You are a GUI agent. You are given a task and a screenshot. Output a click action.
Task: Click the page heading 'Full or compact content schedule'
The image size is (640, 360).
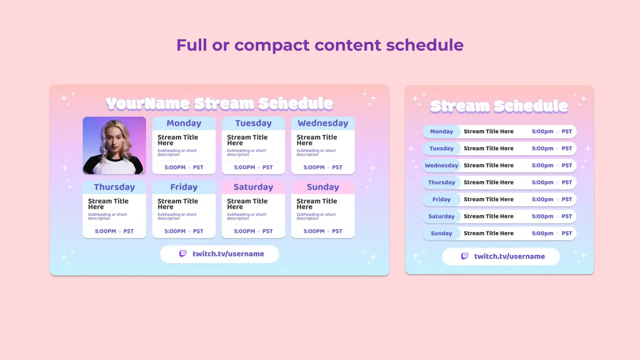[320, 45]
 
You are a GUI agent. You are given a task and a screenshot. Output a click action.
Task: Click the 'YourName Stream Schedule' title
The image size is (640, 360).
[219, 104]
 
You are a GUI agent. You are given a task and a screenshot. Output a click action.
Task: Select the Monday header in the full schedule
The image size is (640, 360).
[184, 123]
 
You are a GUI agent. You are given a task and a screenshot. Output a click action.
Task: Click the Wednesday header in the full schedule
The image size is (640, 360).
[323, 123]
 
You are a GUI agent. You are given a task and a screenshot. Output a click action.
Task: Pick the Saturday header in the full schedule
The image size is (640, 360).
[253, 187]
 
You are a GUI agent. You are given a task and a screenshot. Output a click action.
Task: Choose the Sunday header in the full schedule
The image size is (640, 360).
[323, 187]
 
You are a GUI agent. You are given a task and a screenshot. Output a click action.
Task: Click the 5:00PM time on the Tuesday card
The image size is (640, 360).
[244, 167]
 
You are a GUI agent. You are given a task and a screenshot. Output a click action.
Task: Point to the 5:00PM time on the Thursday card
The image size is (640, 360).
[105, 231]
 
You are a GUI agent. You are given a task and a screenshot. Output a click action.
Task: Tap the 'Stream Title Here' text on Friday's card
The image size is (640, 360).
[178, 204]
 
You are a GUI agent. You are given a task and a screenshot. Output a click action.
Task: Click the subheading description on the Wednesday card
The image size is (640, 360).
[316, 153]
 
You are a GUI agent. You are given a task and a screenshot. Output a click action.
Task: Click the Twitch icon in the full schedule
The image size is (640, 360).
[183, 254]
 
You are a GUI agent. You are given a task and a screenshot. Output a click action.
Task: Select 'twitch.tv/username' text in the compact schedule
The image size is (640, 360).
[510, 256]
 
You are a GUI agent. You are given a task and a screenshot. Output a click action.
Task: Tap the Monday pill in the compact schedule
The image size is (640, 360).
[441, 132]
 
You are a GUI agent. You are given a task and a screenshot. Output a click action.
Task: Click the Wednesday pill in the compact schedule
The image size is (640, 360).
[441, 166]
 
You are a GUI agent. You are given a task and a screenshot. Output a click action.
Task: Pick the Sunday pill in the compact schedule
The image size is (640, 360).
[441, 234]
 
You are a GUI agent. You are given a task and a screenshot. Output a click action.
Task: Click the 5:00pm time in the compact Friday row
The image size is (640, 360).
[542, 200]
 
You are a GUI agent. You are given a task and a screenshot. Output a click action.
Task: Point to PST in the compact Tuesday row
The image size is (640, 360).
[567, 149]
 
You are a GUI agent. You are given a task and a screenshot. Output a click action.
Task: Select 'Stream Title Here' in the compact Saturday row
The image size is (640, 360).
[488, 216]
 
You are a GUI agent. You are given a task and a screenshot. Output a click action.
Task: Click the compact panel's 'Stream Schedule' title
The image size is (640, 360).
[499, 106]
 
